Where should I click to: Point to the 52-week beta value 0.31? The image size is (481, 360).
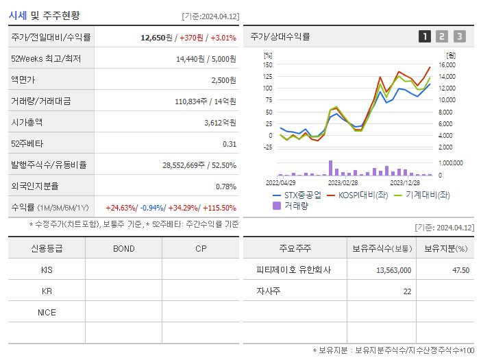point(229,144)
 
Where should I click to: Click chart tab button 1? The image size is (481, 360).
point(425,36)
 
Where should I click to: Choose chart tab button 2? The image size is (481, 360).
point(442,36)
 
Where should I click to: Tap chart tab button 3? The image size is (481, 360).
point(459,36)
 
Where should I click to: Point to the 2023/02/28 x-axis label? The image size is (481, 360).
point(342,183)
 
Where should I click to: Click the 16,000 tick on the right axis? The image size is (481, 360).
point(446,65)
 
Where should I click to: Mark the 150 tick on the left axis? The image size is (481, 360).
point(268,65)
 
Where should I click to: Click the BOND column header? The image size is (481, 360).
point(123,248)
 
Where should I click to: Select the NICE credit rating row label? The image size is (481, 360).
point(47,313)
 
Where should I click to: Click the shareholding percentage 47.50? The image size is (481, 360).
point(460,270)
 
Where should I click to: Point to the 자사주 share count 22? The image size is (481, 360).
point(407,291)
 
